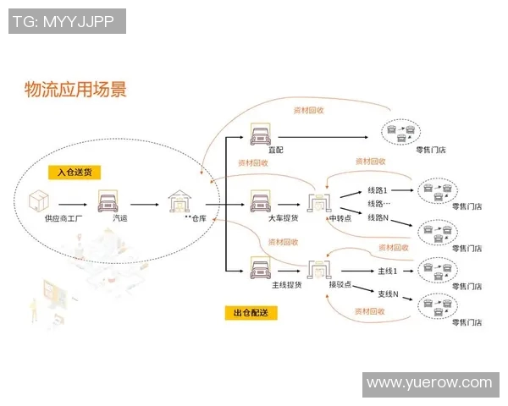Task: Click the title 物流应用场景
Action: (76, 90)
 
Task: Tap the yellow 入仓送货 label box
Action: (75, 172)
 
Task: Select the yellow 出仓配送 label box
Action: (251, 313)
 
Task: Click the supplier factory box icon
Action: (39, 201)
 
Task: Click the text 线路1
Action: (378, 190)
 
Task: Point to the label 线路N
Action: (378, 217)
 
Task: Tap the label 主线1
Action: (386, 270)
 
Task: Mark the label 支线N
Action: (388, 294)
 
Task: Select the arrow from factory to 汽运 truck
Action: (75, 203)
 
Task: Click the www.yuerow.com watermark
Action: (429, 384)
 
